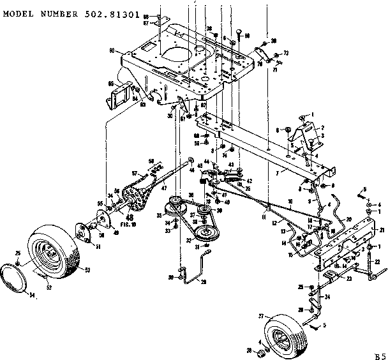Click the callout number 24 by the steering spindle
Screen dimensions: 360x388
pos(327,296)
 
